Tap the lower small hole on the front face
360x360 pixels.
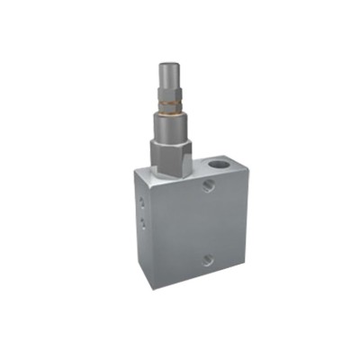click(208, 261)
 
